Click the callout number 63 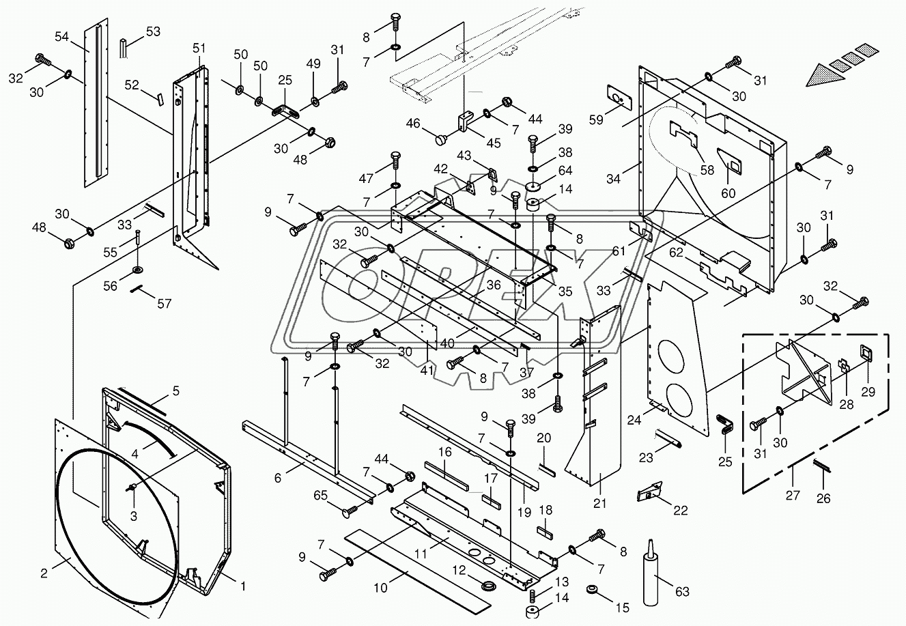(x=682, y=592)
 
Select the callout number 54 (x=61, y=37)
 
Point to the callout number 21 (x=600, y=504)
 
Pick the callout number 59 (x=596, y=119)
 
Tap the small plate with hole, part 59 (x=619, y=97)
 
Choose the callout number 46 (x=413, y=123)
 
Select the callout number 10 (x=380, y=588)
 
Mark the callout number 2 (x=44, y=573)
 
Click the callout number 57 (x=165, y=303)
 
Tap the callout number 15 (x=623, y=608)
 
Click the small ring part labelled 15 (x=592, y=589)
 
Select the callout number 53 (x=153, y=31)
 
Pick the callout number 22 (x=680, y=511)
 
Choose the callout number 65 (x=320, y=495)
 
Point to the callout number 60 (x=728, y=193)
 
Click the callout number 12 (x=459, y=570)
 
